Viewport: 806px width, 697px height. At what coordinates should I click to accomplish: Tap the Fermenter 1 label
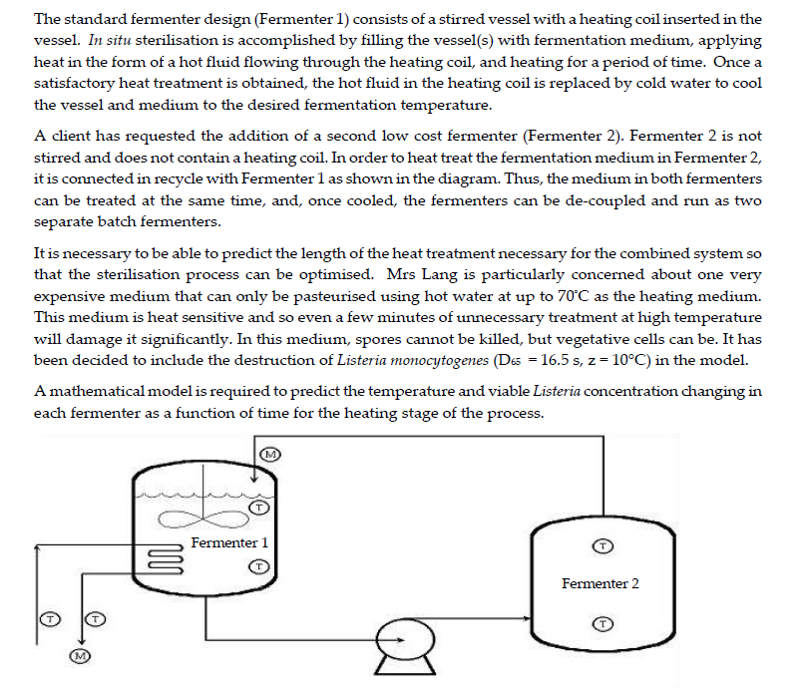pos(229,542)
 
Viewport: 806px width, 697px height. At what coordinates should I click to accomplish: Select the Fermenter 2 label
pos(601,583)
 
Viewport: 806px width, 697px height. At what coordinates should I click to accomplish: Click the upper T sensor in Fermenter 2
pos(603,546)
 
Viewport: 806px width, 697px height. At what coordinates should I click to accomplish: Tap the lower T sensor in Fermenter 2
pos(603,623)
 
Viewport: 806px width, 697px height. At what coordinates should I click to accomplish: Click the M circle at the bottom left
pos(81,655)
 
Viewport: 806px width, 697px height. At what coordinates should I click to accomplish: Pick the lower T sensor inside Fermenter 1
pos(258,566)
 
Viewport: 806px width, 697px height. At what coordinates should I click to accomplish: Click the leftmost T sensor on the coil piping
pos(46,619)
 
